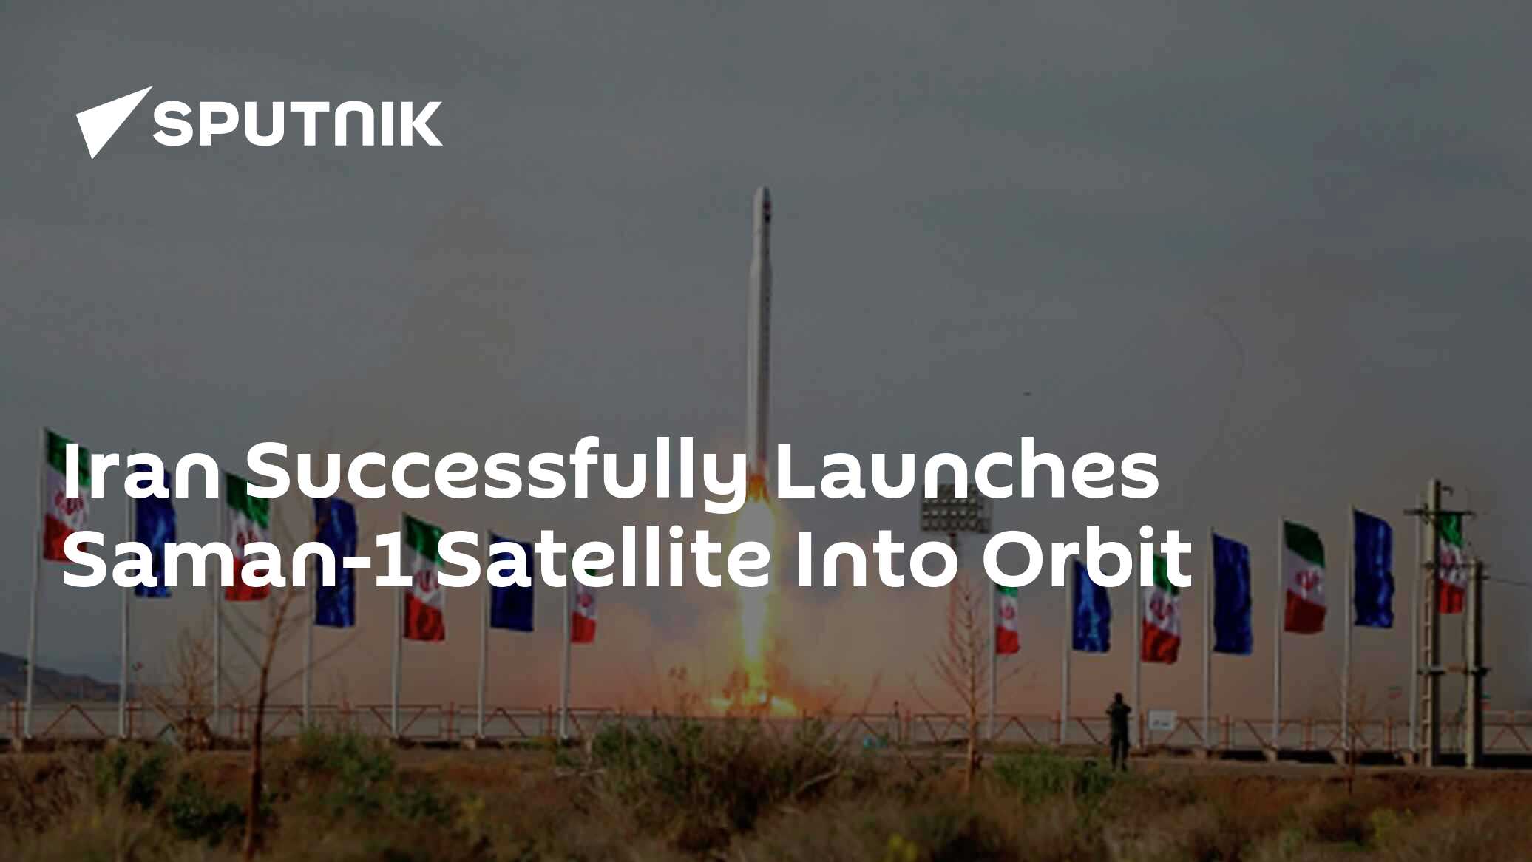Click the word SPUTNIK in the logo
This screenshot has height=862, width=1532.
click(297, 123)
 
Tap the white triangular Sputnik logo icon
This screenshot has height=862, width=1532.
click(111, 121)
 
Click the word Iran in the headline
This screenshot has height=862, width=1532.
click(140, 472)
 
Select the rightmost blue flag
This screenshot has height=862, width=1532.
click(1373, 569)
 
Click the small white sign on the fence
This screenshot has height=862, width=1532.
click(1161, 719)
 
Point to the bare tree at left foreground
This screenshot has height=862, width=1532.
click(266, 665)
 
